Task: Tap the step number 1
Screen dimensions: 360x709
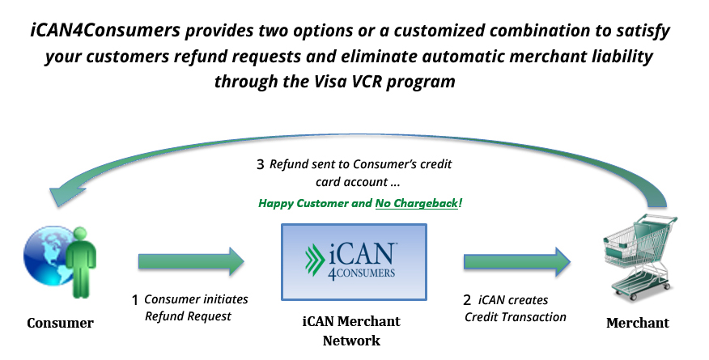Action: click(x=135, y=300)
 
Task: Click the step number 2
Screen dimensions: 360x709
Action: click(x=469, y=300)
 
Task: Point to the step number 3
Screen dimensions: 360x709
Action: click(x=260, y=164)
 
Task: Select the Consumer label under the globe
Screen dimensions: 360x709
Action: click(x=60, y=324)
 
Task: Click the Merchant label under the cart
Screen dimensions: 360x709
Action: click(x=638, y=324)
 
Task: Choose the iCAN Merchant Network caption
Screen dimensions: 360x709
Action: click(x=351, y=331)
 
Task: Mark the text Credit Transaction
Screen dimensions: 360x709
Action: click(x=515, y=316)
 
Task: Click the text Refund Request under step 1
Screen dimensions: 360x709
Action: click(x=188, y=316)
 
